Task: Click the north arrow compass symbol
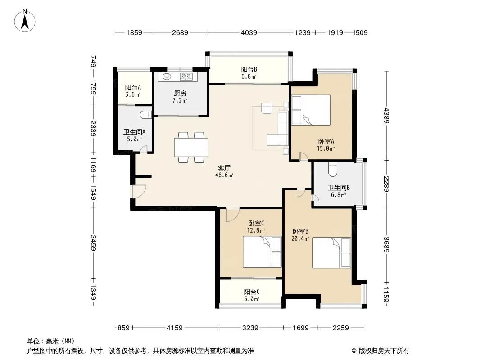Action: (x=25, y=20)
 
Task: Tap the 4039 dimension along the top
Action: (x=249, y=32)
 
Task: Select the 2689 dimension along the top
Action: (x=180, y=32)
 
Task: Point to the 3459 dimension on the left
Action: (x=93, y=243)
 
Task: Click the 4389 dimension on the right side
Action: (x=387, y=115)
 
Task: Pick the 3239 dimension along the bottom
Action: (x=250, y=328)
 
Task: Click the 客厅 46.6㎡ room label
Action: (x=224, y=171)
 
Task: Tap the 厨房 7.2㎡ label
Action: (x=180, y=97)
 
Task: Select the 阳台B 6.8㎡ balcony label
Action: (x=249, y=73)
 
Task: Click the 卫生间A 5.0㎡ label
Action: (x=134, y=135)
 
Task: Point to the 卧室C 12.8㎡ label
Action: (x=256, y=227)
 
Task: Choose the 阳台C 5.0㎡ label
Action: (x=252, y=295)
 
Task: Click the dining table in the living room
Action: (x=191, y=148)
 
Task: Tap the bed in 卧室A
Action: (x=311, y=110)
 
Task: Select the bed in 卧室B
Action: (x=331, y=252)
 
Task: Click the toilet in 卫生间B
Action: (x=332, y=170)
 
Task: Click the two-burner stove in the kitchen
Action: (x=186, y=76)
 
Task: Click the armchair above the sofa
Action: (x=267, y=108)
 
